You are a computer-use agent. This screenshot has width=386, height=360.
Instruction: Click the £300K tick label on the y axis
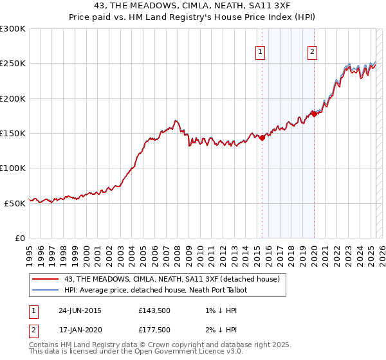coord(12,29)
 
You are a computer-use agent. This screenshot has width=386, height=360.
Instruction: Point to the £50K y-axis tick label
coord(14,203)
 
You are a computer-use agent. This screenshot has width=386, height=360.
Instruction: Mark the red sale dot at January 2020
coord(314,114)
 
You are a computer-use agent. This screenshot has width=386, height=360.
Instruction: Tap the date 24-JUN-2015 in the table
coord(80,310)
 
